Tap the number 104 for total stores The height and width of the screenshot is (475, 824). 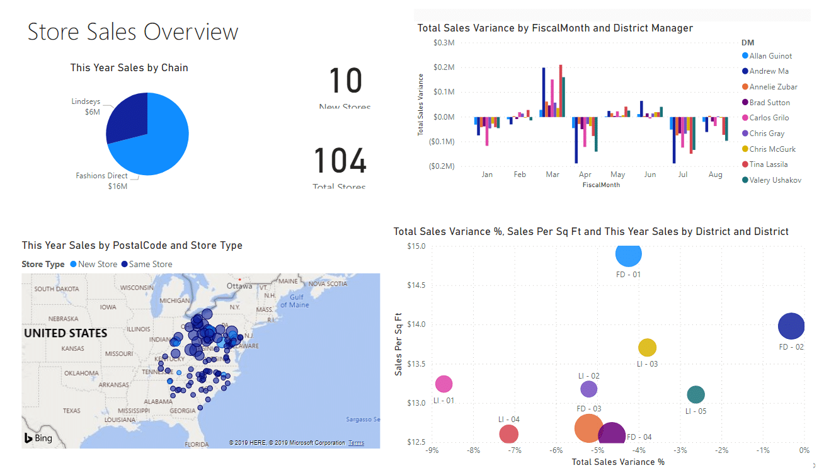(340, 161)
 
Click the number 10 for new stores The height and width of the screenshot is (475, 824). (346, 81)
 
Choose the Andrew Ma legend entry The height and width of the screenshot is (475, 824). (769, 71)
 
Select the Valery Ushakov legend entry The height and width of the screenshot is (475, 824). (775, 180)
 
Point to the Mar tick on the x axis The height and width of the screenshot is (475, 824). (552, 174)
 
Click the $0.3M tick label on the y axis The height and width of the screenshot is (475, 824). (444, 43)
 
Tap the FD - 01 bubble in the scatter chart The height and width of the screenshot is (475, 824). (628, 255)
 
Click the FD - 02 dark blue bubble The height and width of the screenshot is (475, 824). (791, 326)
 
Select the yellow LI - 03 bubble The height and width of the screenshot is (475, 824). (647, 347)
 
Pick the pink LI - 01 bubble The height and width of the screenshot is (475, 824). (444, 384)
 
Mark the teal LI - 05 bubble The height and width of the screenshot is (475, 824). (695, 395)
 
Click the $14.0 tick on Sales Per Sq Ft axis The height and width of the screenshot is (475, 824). (416, 324)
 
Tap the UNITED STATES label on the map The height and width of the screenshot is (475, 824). (66, 333)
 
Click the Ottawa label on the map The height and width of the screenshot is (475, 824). (239, 285)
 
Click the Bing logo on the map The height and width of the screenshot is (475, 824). (38, 438)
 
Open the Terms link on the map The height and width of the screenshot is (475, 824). (356, 443)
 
